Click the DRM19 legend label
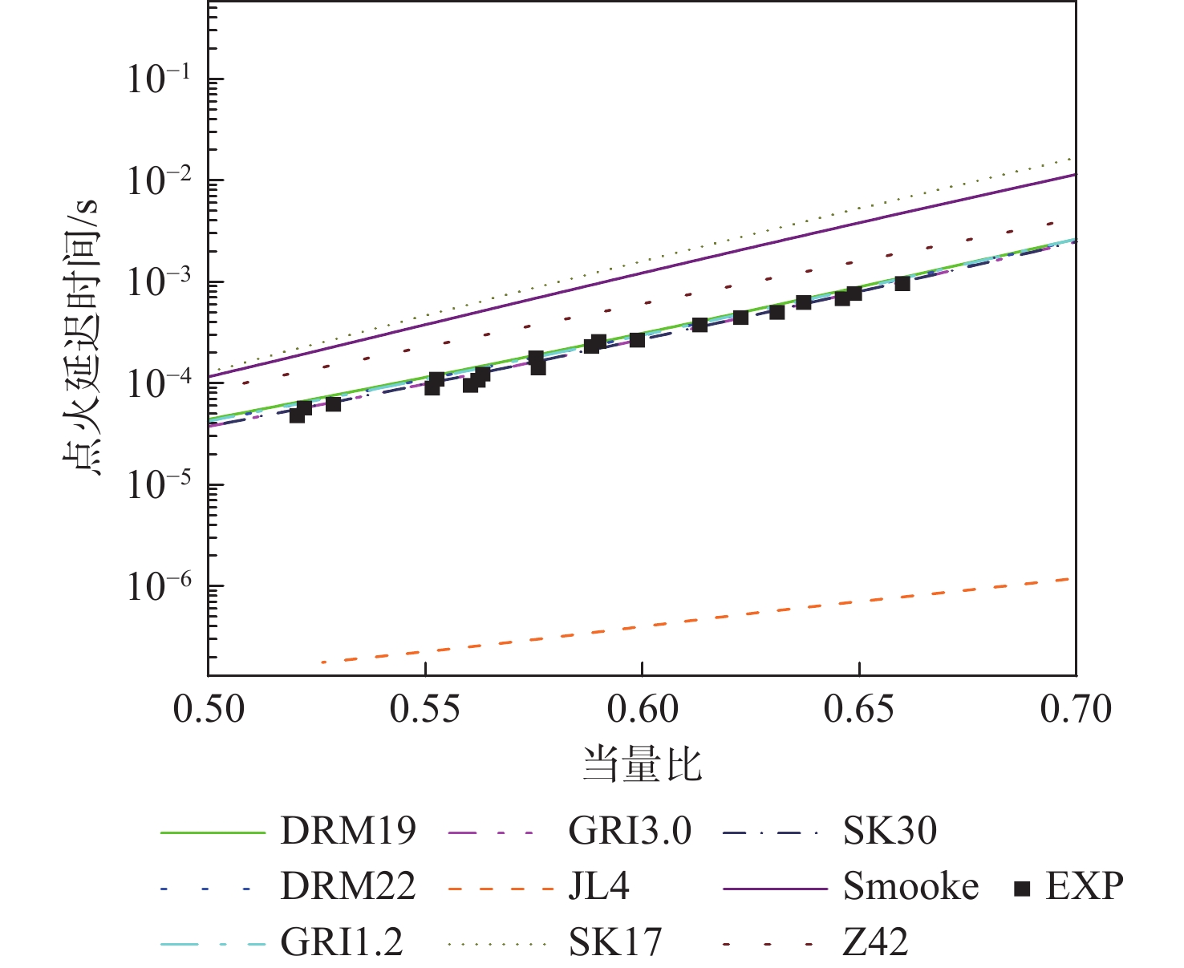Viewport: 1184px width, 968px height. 348,832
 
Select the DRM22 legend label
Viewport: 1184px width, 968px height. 348,887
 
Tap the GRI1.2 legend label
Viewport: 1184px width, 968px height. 342,942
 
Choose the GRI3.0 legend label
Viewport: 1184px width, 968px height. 630,832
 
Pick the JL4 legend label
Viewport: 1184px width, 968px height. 599,887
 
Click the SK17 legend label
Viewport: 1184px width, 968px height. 615,942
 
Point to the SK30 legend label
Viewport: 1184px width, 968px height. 890,832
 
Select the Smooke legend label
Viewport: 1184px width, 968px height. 910,887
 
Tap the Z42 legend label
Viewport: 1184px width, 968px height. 875,942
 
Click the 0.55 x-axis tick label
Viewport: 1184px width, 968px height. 426,709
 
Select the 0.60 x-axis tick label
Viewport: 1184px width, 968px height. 643,709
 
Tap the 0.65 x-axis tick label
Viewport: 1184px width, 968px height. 859,709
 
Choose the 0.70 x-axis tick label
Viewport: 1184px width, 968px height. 1076,709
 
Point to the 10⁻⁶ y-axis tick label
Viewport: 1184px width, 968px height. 159,587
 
